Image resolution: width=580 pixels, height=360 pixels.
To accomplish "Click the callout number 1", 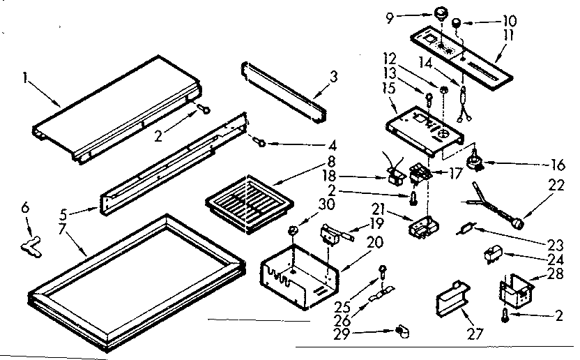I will click(x=26, y=80).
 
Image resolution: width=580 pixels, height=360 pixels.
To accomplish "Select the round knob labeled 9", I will click(x=441, y=13).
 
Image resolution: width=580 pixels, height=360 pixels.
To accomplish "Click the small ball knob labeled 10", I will click(x=458, y=23).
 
